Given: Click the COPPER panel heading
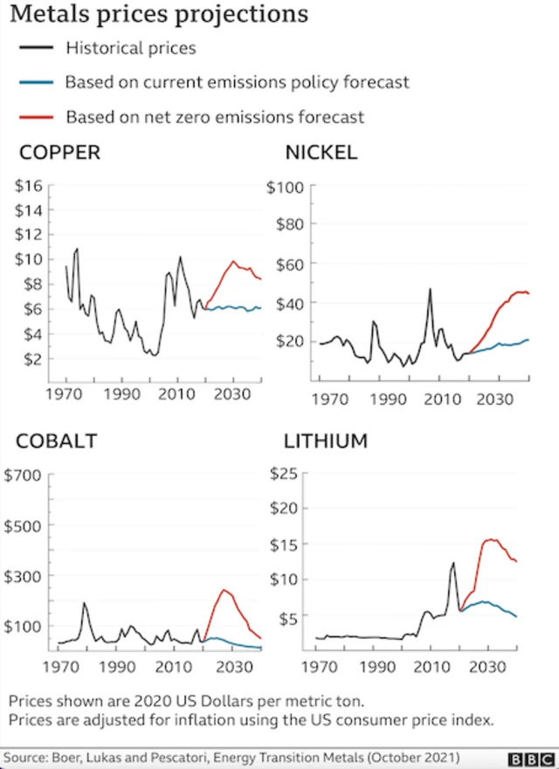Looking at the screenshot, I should click(x=59, y=154).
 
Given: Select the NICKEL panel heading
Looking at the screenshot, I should click(x=321, y=153).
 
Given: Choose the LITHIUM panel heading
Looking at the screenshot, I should click(x=326, y=441).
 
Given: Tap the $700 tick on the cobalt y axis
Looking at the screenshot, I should click(x=23, y=477).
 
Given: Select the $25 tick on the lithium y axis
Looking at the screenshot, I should click(x=286, y=473).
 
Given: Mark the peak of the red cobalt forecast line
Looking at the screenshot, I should click(x=224, y=591).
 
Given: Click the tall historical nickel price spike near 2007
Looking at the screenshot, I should click(x=430, y=289).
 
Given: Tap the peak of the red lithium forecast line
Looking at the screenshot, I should click(x=490, y=539).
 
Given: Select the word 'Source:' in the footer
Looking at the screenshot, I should click(x=27, y=756).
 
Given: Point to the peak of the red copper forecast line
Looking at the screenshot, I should click(x=233, y=261).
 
